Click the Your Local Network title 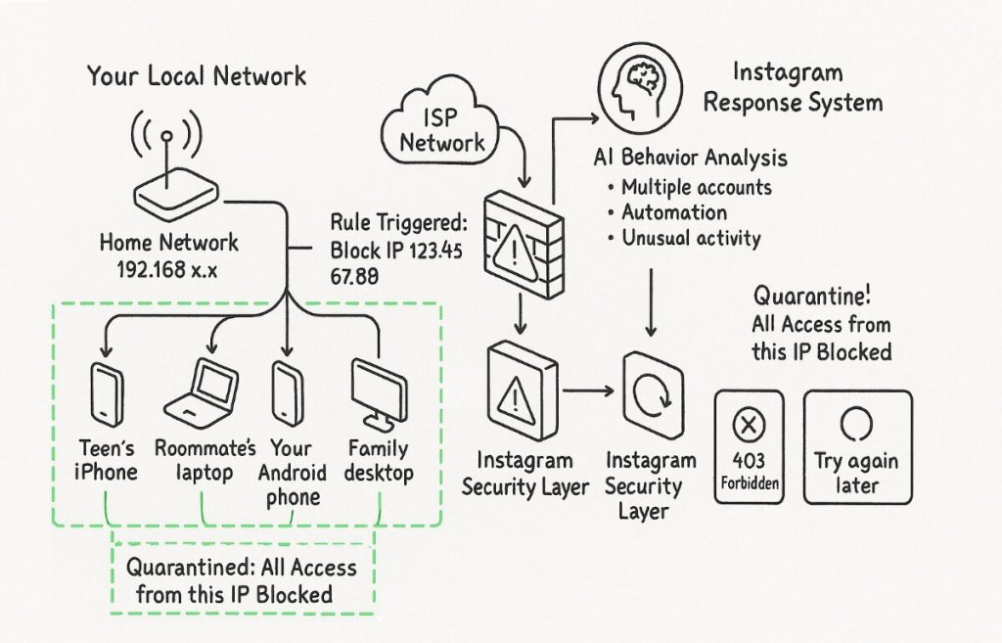point(197,76)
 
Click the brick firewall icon point(523,246)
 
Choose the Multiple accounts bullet point(690,187)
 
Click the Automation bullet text point(674,212)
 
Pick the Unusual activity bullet point(684,239)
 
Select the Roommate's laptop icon point(202,390)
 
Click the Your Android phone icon point(287,393)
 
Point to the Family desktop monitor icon point(380,394)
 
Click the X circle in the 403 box point(749,425)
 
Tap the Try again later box point(857,447)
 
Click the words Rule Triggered point(399,223)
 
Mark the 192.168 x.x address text point(167,270)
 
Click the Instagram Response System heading point(793,87)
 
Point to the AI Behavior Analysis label point(690,158)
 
